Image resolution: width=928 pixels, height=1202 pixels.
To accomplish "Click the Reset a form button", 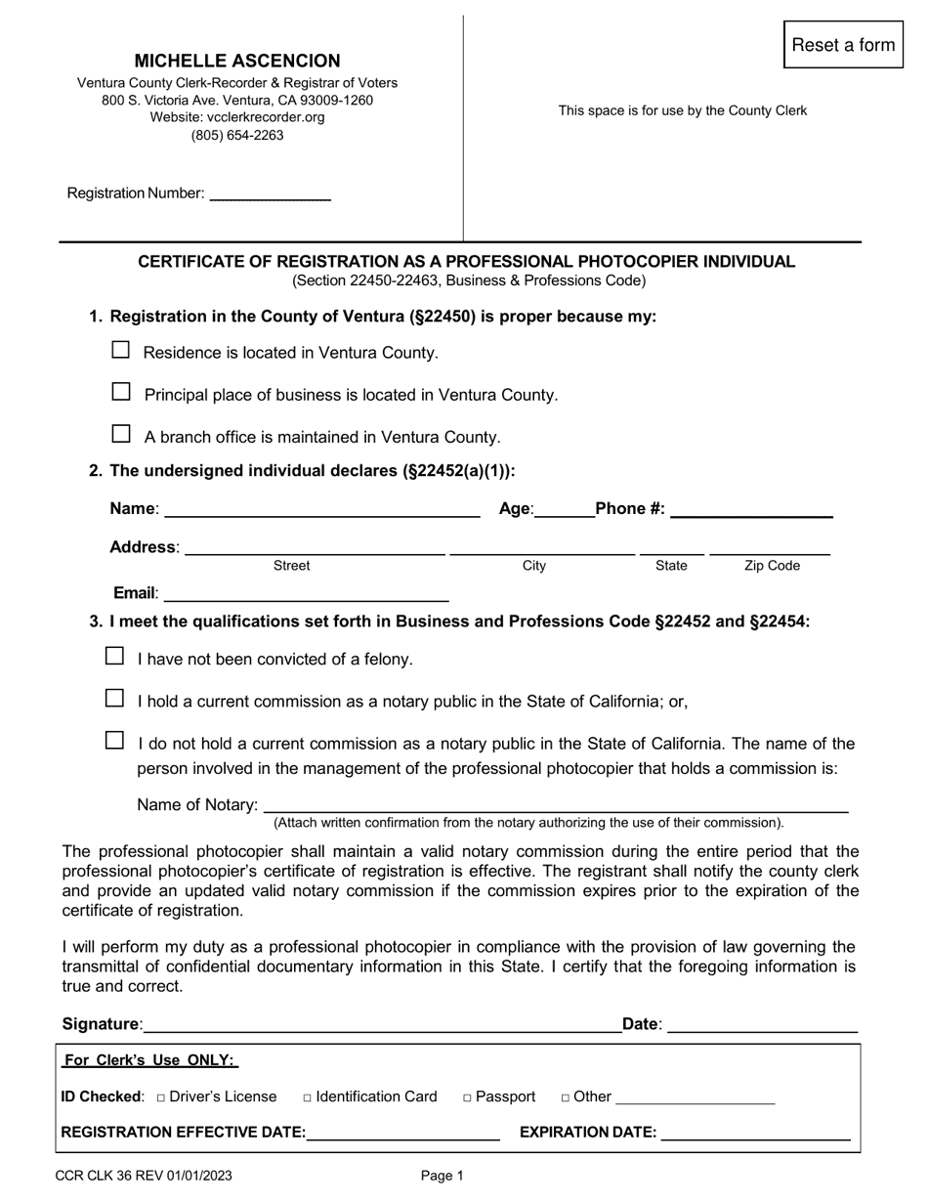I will click(x=843, y=45).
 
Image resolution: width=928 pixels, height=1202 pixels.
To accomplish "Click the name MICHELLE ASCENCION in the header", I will click(x=237, y=61).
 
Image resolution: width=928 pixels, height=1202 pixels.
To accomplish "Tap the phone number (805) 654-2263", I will click(x=237, y=135).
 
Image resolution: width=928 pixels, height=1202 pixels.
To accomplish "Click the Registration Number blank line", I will click(x=271, y=193).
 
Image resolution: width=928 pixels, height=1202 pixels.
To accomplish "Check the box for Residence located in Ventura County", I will click(x=121, y=350).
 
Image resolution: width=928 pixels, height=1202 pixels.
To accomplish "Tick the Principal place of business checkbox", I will click(x=121, y=392).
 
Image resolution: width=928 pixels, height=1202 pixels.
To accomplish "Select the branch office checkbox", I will click(x=121, y=434).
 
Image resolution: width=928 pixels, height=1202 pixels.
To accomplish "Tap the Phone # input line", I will click(x=751, y=509).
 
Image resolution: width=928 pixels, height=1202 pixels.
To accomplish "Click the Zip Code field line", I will click(x=770, y=548).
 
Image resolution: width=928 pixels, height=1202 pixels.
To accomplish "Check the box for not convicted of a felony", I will click(x=115, y=657).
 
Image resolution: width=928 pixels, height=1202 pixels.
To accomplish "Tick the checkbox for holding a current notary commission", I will click(x=115, y=699).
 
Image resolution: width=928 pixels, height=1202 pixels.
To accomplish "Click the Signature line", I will click(x=381, y=1025).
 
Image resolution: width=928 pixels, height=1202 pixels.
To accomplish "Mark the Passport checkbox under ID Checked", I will click(x=468, y=1097).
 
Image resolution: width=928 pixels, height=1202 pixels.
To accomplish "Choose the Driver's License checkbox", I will click(x=161, y=1097).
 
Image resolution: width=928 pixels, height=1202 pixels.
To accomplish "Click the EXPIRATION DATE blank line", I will click(x=755, y=1133).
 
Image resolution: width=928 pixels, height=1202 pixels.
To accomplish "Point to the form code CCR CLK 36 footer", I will click(x=145, y=1177).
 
